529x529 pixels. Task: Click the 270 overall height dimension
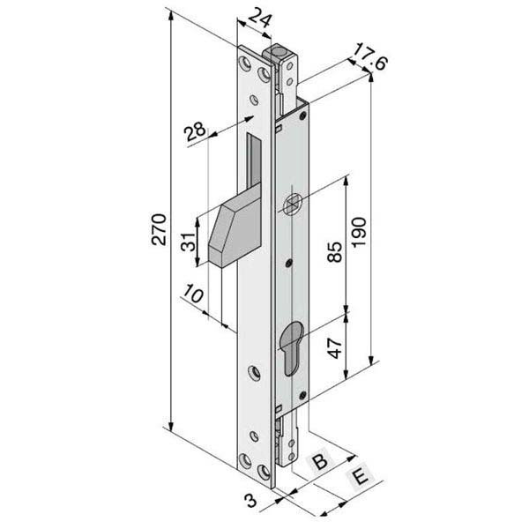click(x=159, y=229)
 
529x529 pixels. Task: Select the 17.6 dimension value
click(x=370, y=56)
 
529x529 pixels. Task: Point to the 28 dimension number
click(x=196, y=132)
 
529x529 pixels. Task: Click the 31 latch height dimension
click(x=189, y=242)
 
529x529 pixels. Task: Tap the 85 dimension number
click(x=334, y=252)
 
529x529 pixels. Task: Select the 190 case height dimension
click(x=359, y=233)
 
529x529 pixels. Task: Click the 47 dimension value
click(x=335, y=348)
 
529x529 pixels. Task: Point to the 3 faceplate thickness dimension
click(x=250, y=501)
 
